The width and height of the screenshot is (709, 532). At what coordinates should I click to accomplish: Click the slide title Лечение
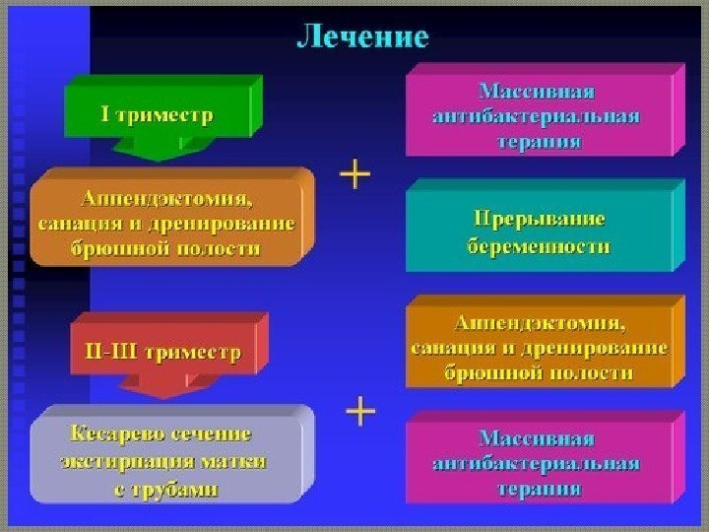pyautogui.click(x=363, y=37)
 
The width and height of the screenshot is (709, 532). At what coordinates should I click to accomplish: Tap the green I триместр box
pyautogui.click(x=158, y=115)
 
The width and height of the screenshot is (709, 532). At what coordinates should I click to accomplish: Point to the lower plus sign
pyautogui.click(x=362, y=411)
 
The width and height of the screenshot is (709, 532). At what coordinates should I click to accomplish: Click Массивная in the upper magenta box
pyautogui.click(x=537, y=92)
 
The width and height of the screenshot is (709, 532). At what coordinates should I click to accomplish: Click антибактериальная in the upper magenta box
pyautogui.click(x=537, y=116)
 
